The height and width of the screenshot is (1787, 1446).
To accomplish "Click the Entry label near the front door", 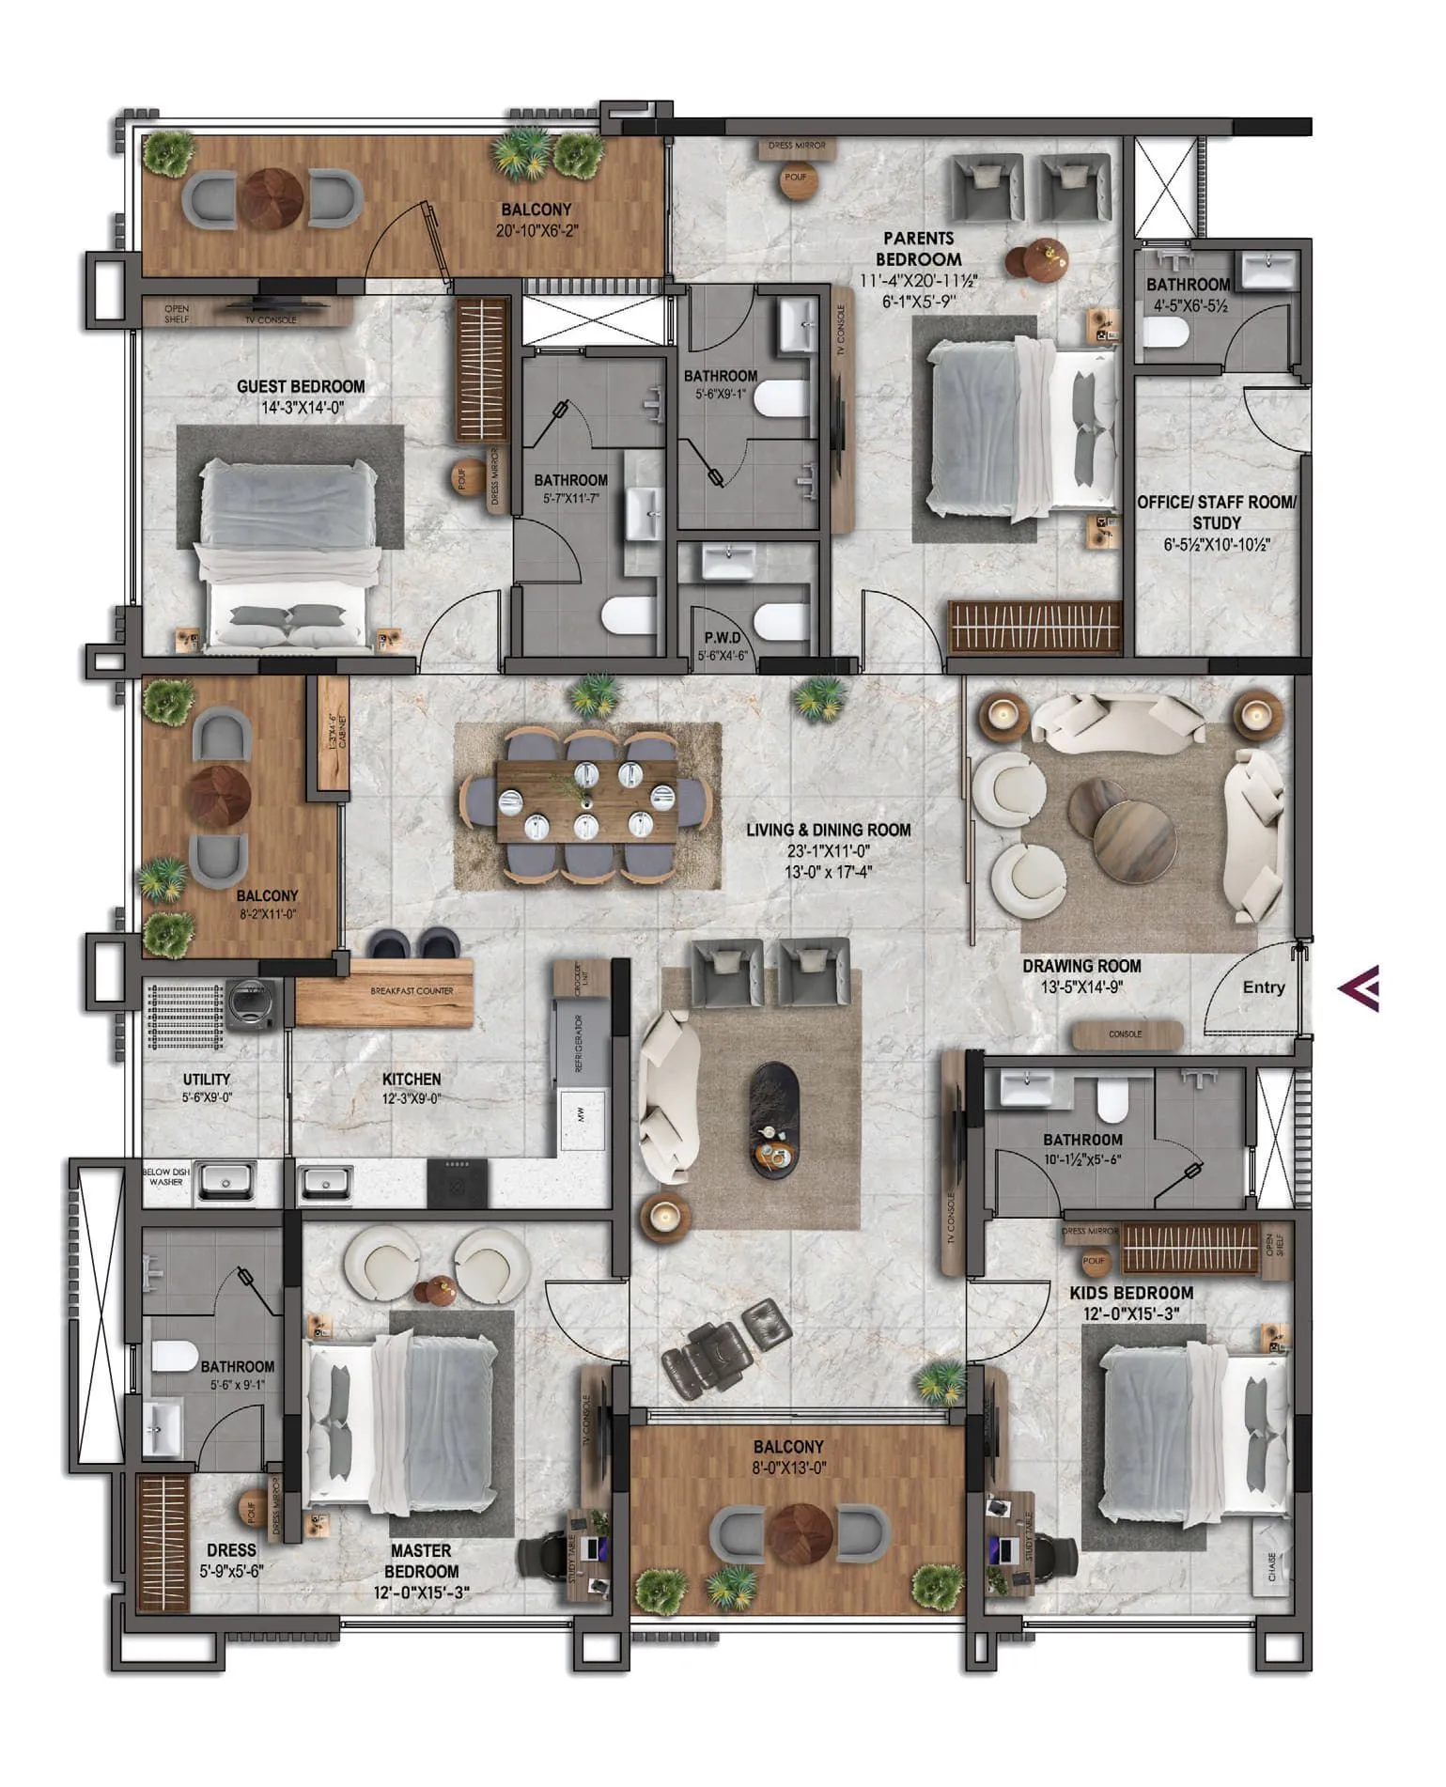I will coord(1263,987).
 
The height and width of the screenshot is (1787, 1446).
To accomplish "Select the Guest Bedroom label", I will coord(301,386).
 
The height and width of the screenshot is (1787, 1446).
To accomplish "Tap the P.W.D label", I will coord(723,638).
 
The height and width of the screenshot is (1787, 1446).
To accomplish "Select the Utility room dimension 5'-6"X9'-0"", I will coord(207,1097).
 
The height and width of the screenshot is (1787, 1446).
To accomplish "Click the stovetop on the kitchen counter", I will coord(458,1183).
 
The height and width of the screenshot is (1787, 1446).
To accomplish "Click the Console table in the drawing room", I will coord(1127,1033).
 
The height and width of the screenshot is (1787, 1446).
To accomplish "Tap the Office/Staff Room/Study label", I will coord(1217,512).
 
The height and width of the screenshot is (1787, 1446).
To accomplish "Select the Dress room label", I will coord(231,1550).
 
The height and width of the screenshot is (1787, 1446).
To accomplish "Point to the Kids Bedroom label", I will coord(1131,1293).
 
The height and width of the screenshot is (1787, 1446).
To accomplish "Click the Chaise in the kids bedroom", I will coord(1272,1566).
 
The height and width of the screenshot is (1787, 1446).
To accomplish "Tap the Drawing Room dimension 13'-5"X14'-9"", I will coord(1082,987).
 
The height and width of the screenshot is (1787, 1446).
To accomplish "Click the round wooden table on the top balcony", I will coord(271,198).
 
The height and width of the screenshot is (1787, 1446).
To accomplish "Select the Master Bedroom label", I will coord(421,1561).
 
